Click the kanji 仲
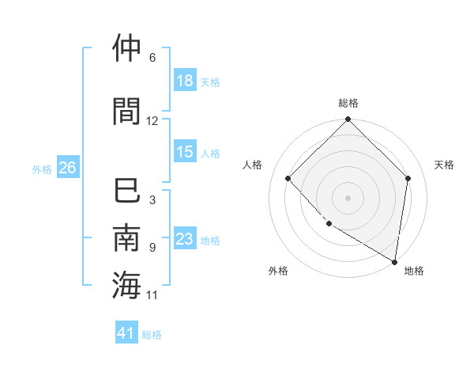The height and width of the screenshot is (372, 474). pos(127,48)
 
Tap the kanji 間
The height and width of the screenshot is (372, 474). pos(127,112)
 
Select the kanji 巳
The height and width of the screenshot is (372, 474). pos(127,191)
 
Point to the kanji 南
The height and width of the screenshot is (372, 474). pos(127,238)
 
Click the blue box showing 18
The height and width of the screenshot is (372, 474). pos(185,82)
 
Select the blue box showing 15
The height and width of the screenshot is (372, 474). pos(185,153)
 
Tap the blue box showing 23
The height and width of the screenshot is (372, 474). pos(185,240)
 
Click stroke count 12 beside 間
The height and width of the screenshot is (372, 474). pos(152,121)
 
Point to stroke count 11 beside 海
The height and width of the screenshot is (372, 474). pos(152,295)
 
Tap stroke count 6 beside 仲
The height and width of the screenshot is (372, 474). pos(152,58)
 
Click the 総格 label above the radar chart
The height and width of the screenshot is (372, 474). pos(348,103)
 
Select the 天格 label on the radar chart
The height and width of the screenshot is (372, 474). pos(444,165)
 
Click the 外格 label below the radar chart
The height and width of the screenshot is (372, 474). pos(278,271)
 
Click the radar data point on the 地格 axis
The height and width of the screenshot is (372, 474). pos(395,261)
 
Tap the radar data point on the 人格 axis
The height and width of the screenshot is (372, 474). pos(288,178)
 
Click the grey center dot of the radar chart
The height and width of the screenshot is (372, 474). pos(348,198)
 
